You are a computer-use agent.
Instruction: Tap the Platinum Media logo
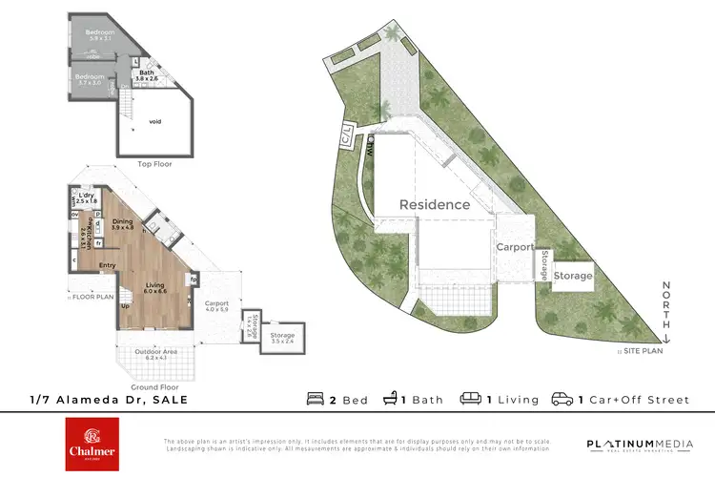[x=634, y=445]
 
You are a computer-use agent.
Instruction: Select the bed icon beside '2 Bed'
[x=316, y=399]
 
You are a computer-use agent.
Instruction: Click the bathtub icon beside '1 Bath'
[x=391, y=399]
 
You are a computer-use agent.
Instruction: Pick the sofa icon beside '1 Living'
[x=469, y=399]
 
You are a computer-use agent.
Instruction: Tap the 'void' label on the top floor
[x=155, y=121]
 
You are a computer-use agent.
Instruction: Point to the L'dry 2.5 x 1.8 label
[x=88, y=198]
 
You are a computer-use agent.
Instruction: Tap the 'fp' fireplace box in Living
[x=193, y=280]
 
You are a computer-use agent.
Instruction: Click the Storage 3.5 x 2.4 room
[x=281, y=338]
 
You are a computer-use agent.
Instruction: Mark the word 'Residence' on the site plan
[x=434, y=204]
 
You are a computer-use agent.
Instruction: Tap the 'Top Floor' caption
[x=153, y=164]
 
